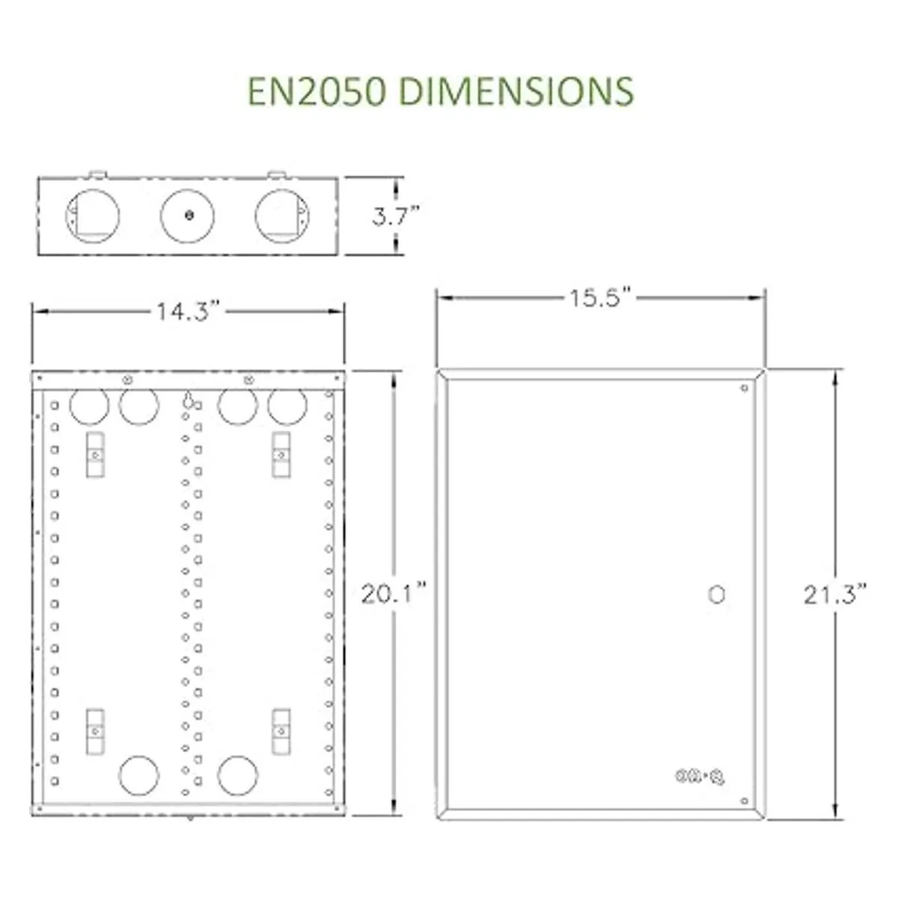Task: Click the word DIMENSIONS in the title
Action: tap(517, 91)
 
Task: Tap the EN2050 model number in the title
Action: tap(317, 91)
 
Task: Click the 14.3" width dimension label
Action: tap(188, 311)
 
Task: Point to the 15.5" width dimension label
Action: tap(602, 297)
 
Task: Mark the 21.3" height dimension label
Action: tap(834, 595)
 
